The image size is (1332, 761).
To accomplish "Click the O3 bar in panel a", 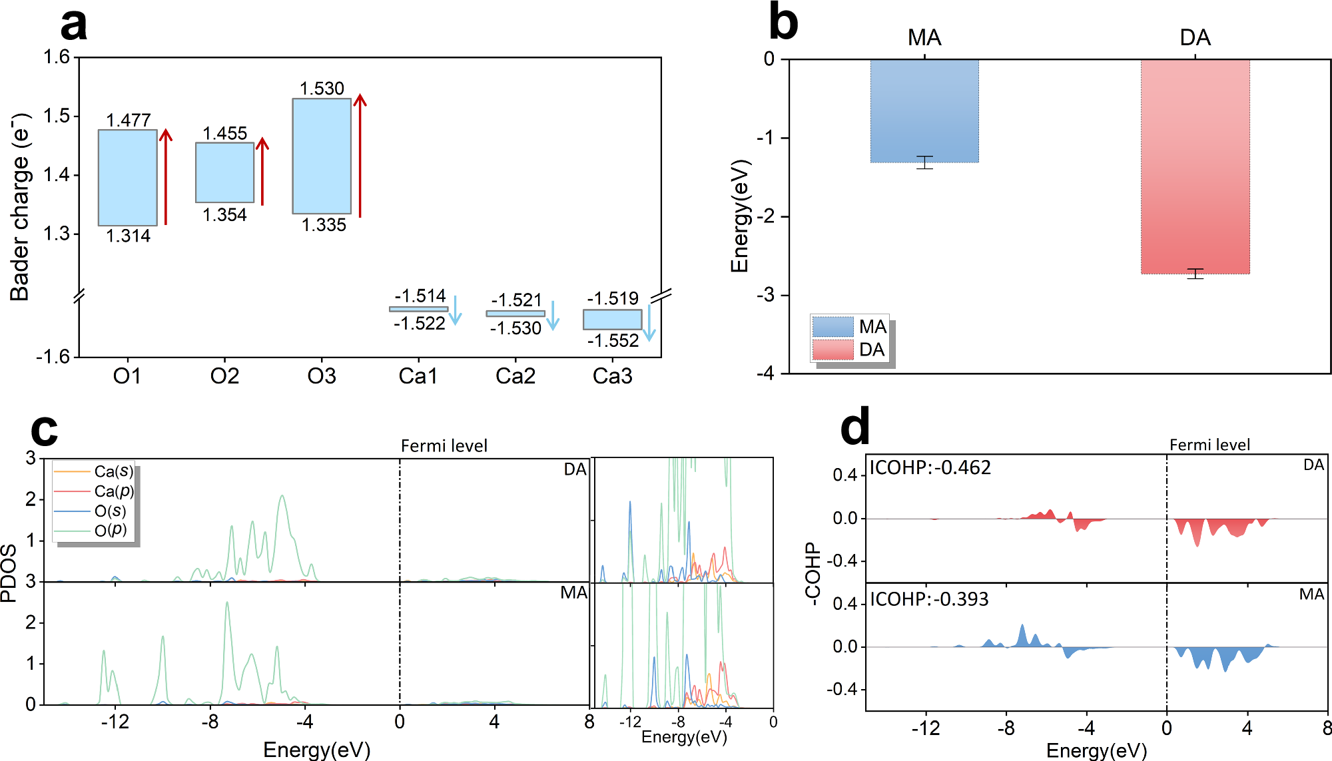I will point(322,156).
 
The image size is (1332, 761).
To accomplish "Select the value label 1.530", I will point(322,89).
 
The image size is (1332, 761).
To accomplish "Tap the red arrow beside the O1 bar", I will point(166,176).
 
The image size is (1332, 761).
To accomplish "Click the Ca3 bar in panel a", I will point(612,320).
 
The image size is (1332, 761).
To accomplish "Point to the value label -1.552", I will point(613,341).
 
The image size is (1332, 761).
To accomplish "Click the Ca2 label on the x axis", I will point(515,376).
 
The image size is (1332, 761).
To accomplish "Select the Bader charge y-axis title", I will point(20,206).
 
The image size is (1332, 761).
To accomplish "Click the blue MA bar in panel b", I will point(924,111).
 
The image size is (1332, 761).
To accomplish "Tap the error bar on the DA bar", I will point(1195,274).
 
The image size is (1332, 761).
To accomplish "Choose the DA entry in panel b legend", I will point(849,350).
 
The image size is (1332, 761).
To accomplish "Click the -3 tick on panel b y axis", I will point(766,295).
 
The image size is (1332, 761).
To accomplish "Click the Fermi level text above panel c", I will point(444,445).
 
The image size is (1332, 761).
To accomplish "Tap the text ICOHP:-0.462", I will point(930,467).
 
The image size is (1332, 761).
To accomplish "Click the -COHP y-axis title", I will point(812,573).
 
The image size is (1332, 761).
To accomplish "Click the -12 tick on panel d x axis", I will point(925,728).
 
